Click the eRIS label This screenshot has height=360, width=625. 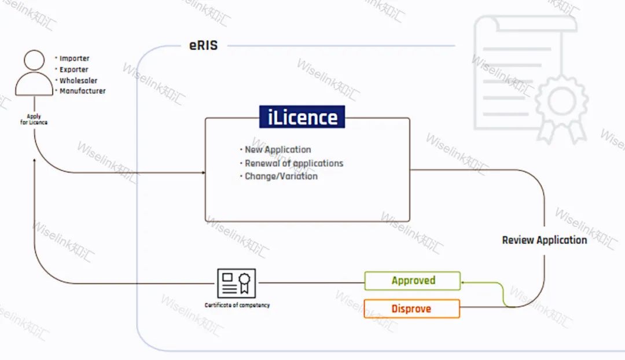point(203,45)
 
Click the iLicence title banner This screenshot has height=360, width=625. point(302,117)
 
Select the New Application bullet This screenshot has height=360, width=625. point(278,150)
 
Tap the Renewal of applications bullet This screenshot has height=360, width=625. point(294,163)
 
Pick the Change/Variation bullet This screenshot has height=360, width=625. point(281,177)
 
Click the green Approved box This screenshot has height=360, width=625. point(413,281)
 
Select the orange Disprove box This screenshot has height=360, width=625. point(411,308)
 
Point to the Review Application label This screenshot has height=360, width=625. point(544,240)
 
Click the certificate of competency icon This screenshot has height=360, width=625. point(236,283)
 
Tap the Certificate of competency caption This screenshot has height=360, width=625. point(237,305)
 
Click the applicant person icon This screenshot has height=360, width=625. point(34,73)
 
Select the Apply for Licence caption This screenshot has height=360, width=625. point(34,120)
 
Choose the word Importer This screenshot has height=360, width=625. point(75,58)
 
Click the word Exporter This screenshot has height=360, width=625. point(74,69)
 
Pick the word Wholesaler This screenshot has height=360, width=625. point(79,80)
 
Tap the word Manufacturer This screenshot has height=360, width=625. point(83,91)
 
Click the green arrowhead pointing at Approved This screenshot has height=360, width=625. point(464,281)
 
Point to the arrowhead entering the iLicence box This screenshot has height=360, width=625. point(203,172)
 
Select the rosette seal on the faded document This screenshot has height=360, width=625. point(560,102)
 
